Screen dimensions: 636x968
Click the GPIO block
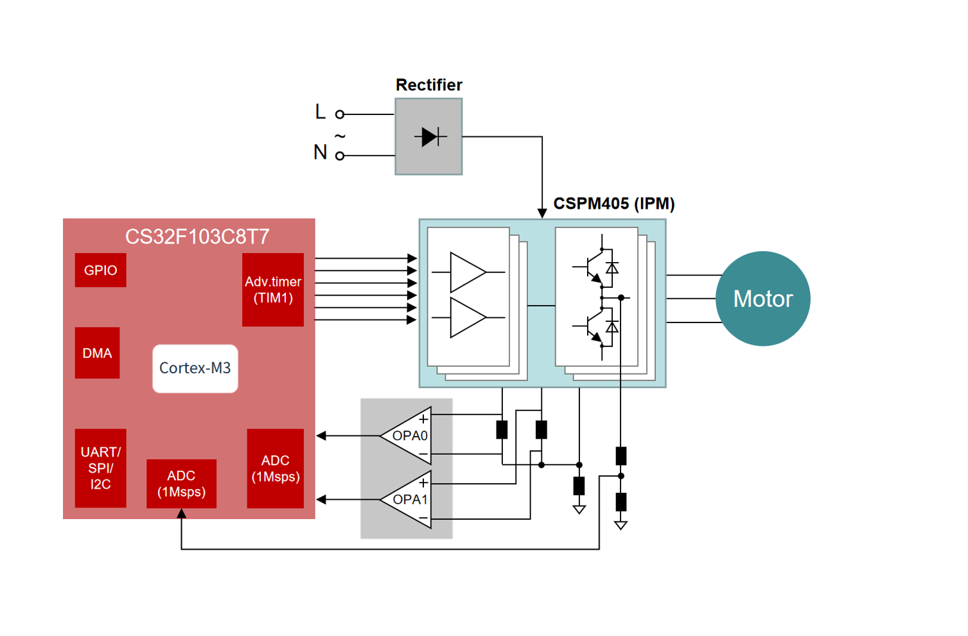tap(100, 270)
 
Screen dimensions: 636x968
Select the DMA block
tap(97, 353)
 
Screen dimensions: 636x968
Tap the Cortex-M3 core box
tap(195, 368)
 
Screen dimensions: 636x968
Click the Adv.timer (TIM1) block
tap(273, 290)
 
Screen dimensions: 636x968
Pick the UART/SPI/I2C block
tap(100, 468)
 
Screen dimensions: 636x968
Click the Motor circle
tap(763, 299)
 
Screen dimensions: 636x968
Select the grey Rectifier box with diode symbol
tap(428, 136)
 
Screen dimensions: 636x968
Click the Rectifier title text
tap(428, 85)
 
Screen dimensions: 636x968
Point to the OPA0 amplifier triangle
tap(409, 436)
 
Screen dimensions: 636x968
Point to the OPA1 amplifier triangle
tap(409, 499)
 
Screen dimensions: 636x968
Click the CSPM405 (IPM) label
tap(613, 204)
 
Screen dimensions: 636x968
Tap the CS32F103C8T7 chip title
tap(197, 236)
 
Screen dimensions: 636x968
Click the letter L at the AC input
tap(321, 112)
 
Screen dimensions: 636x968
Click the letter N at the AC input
tap(320, 152)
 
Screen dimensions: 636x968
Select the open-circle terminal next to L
tap(340, 114)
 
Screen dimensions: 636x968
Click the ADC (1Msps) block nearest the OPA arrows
tap(275, 468)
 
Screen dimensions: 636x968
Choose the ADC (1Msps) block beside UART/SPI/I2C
tap(181, 484)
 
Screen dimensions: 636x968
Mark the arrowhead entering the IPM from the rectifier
tap(542, 213)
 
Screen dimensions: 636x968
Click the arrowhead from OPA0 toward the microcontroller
tap(322, 436)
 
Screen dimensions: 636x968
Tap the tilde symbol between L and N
tap(340, 136)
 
